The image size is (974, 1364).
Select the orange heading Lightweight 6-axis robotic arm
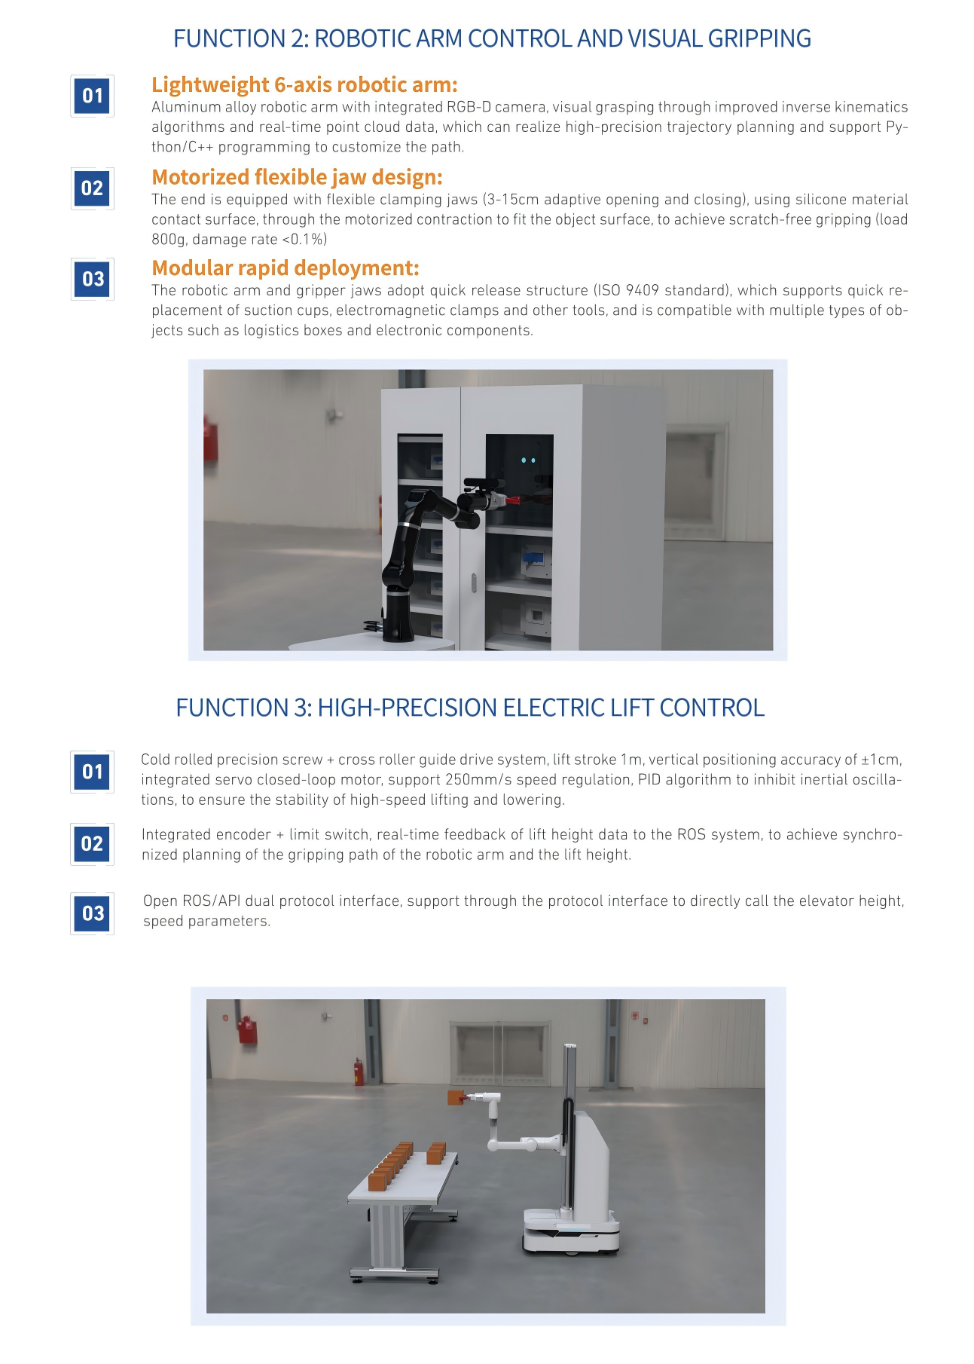[x=304, y=84]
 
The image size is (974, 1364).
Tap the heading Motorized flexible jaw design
[x=297, y=177]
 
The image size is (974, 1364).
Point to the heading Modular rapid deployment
[x=285, y=268]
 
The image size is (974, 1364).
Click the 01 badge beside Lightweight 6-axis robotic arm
[x=93, y=96]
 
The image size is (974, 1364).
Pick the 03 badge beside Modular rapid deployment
[x=93, y=280]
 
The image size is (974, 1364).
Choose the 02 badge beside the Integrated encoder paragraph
[x=93, y=844]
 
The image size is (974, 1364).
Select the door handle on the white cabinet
[x=474, y=583]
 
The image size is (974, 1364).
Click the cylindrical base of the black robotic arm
[x=398, y=614]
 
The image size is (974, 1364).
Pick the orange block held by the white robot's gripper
[x=456, y=1097]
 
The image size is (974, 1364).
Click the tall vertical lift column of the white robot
[x=570, y=1130]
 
